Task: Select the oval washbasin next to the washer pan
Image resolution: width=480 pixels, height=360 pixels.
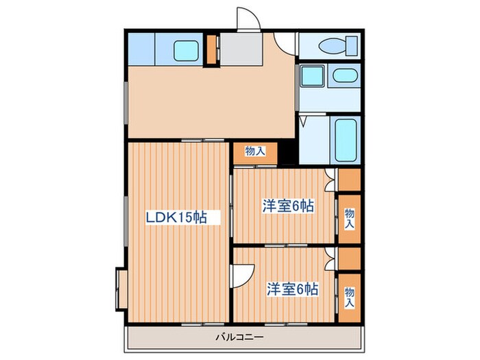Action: (339, 75)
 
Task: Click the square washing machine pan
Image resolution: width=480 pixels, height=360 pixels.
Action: (313, 75)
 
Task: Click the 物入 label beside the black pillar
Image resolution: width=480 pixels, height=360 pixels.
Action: (255, 151)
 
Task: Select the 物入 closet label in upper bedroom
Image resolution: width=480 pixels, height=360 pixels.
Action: (350, 219)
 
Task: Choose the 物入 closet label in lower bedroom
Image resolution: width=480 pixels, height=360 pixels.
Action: (350, 296)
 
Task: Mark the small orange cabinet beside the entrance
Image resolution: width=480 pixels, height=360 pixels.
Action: (212, 49)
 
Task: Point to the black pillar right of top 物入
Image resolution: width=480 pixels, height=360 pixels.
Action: (287, 152)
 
